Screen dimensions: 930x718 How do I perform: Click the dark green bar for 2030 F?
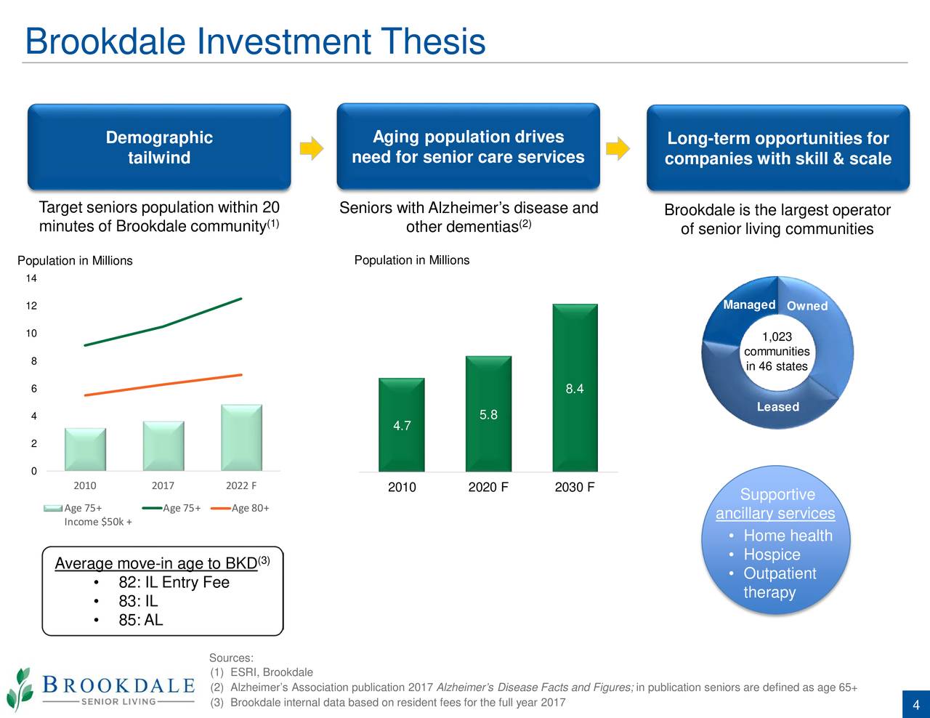[x=575, y=387]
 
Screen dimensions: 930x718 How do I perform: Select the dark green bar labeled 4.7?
[x=402, y=425]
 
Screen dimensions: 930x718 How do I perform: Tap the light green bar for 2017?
[x=163, y=446]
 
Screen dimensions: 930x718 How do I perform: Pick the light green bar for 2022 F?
[x=241, y=437]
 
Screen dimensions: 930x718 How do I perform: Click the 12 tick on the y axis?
[x=31, y=305]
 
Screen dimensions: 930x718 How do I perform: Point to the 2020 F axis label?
[x=488, y=487]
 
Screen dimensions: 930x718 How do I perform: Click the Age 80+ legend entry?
[x=240, y=508]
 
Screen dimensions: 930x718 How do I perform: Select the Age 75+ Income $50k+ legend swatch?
[x=53, y=508]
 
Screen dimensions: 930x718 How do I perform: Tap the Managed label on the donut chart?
[x=749, y=304]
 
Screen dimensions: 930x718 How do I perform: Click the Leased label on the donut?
[x=777, y=406]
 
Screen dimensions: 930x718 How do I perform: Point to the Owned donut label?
[x=807, y=306]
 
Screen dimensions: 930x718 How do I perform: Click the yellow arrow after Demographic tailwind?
[x=312, y=148]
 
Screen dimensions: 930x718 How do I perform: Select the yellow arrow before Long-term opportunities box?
[x=618, y=148]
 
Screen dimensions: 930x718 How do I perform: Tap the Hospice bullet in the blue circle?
[x=772, y=554]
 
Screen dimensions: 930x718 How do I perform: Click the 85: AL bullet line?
[x=141, y=620]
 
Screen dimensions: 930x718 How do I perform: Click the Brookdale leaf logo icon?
[x=20, y=688]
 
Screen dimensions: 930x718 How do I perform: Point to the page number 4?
[x=916, y=705]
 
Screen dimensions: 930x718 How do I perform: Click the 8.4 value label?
[x=575, y=389]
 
